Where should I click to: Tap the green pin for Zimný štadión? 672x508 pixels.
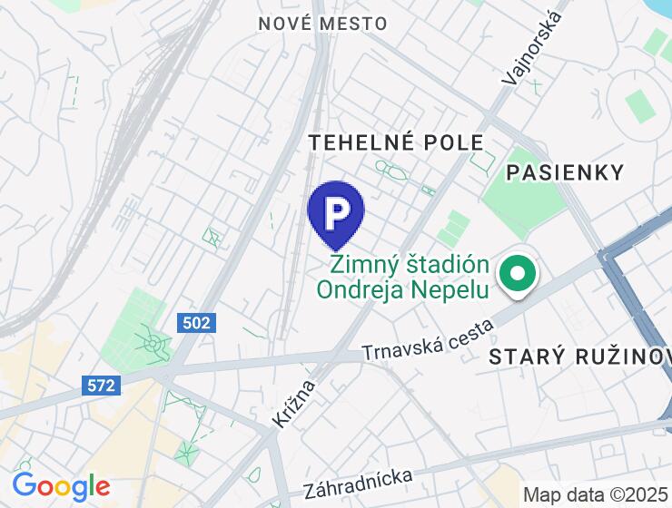pyautogui.click(x=518, y=274)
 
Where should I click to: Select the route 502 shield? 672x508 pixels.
pyautogui.click(x=196, y=322)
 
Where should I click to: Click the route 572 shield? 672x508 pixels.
pyautogui.click(x=102, y=385)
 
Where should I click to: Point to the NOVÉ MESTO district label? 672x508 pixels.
pyautogui.click(x=322, y=24)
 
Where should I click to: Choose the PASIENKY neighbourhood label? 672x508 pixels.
pyautogui.click(x=565, y=172)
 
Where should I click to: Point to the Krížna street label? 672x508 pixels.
pyautogui.click(x=292, y=404)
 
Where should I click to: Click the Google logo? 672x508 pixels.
pyautogui.click(x=61, y=487)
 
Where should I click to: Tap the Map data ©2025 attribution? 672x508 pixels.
pyautogui.click(x=596, y=494)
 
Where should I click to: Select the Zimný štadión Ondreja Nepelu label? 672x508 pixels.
pyautogui.click(x=409, y=278)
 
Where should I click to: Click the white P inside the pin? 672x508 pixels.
pyautogui.click(x=336, y=210)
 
